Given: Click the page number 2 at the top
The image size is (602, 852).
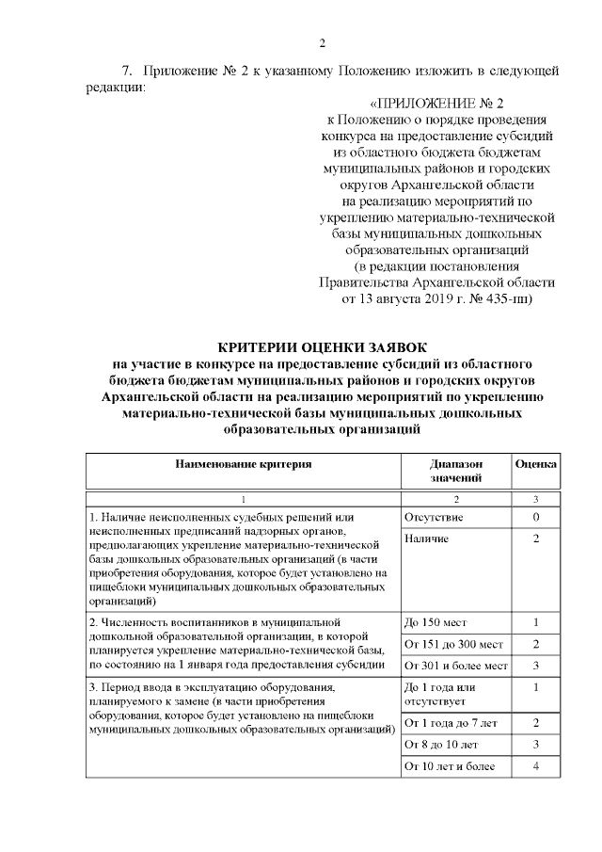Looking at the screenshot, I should (322, 42).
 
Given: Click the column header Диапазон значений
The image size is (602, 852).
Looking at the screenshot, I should (455, 471).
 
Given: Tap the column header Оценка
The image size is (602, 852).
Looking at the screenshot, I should (535, 464).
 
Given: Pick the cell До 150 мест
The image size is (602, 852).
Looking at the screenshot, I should (436, 623).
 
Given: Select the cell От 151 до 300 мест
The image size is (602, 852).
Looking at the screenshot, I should (452, 645).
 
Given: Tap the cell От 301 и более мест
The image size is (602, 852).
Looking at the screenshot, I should (455, 667).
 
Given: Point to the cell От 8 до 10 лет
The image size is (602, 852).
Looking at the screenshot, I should (438, 745).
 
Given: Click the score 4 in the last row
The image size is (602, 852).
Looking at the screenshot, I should (535, 767).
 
